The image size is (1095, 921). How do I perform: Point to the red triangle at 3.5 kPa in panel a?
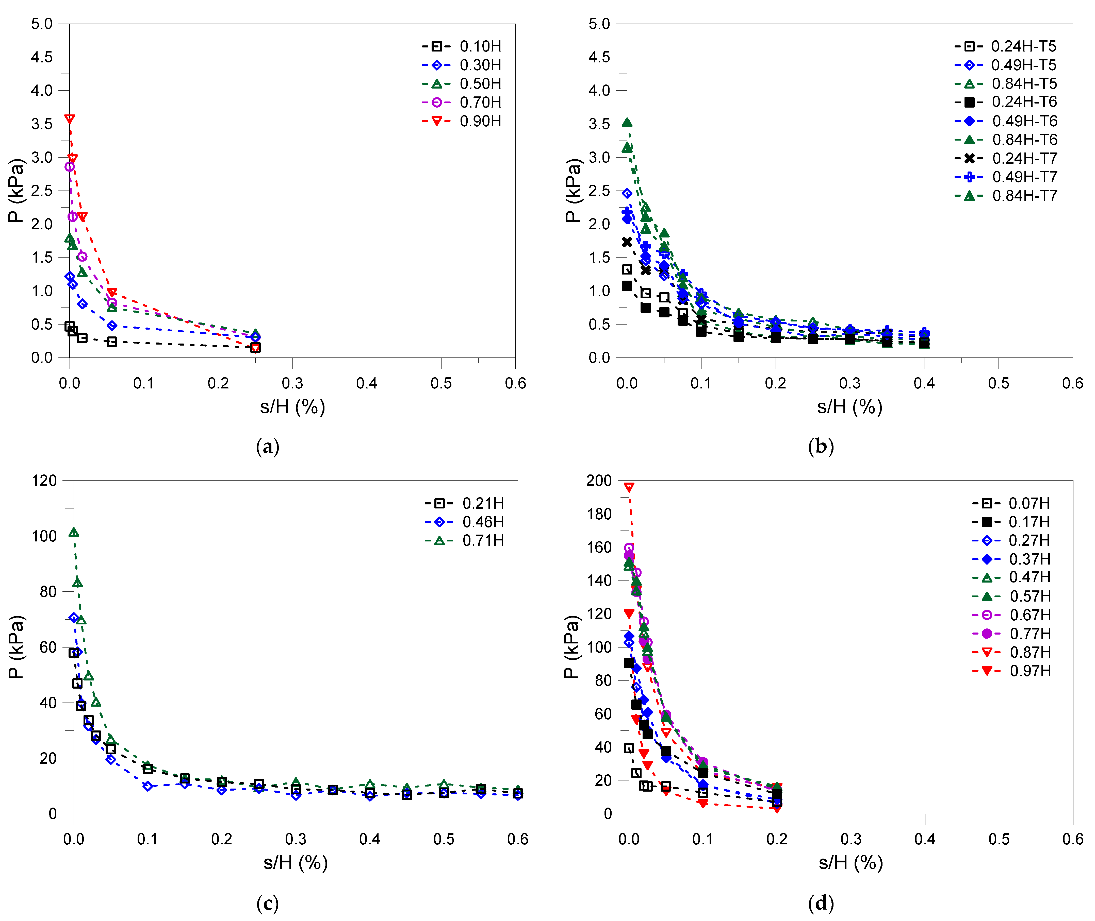[x=70, y=119]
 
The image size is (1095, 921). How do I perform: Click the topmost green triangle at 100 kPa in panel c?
[x=74, y=533]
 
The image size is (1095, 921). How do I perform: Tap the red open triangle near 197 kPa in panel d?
[x=629, y=487]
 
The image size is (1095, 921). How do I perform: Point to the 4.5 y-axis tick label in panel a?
[x=42, y=57]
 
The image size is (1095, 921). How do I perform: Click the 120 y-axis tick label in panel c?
[x=44, y=480]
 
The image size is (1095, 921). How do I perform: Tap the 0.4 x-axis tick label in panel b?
[x=924, y=383]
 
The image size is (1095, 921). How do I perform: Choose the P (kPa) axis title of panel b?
[x=573, y=191]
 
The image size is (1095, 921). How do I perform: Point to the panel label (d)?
[x=821, y=903]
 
